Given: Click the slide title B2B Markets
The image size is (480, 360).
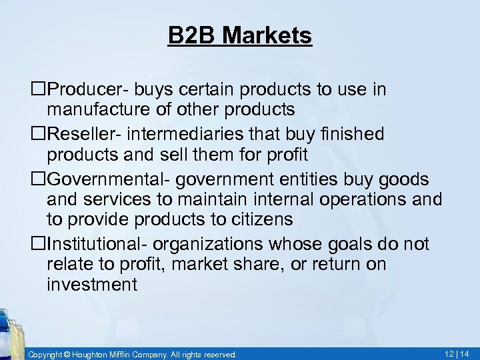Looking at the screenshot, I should point(240,36).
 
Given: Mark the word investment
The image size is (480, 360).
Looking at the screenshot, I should point(92,285).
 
